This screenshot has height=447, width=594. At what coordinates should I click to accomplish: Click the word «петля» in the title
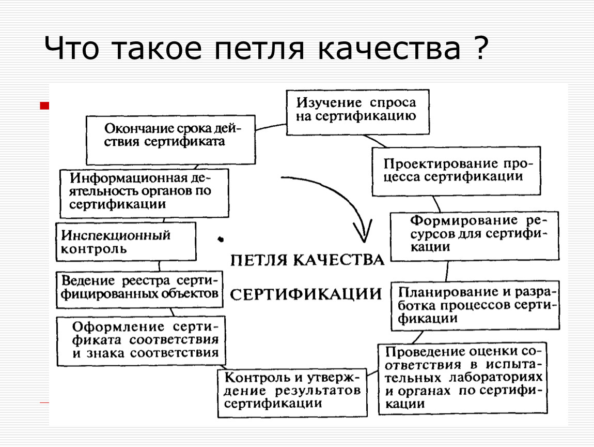259,49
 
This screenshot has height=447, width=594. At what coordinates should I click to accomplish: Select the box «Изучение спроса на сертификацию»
357,112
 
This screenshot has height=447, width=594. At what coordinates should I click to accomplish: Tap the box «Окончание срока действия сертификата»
170,140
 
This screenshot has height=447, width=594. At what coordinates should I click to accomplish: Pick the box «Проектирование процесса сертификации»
456,171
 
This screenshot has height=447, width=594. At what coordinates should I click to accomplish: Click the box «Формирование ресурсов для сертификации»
475,236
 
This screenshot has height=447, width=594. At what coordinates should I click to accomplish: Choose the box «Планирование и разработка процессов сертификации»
475,305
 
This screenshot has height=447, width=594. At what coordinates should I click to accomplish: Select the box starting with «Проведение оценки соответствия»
463,378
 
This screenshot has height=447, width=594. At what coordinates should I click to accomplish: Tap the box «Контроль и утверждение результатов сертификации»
292,393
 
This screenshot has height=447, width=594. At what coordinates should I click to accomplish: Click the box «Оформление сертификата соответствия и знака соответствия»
141,341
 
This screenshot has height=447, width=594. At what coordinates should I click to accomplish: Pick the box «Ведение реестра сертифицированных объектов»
139,289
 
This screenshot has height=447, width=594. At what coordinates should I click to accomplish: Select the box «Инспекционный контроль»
126,242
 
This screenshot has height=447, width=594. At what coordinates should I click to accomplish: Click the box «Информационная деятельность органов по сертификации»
144,193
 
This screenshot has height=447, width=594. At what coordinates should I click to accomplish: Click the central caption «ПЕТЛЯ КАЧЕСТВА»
307,260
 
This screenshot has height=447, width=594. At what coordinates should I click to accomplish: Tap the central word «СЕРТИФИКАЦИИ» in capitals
306,294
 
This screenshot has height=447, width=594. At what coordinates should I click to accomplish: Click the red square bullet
44,106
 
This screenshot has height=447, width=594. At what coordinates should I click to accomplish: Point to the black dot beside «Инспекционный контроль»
221,239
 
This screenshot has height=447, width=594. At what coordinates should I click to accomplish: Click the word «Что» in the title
72,49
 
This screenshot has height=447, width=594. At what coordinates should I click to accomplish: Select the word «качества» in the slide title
389,49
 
